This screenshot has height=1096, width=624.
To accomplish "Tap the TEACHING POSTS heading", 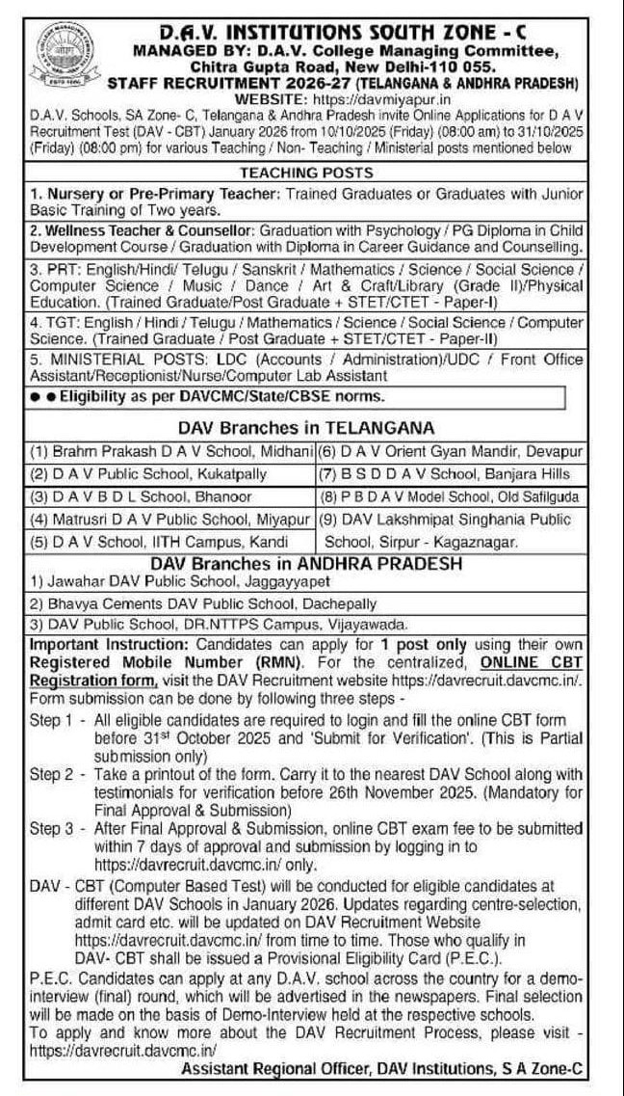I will click(x=305, y=174).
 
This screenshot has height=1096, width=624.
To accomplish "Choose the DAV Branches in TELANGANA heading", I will click(x=305, y=427).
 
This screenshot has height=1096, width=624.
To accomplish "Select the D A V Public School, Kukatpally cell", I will click(x=148, y=473).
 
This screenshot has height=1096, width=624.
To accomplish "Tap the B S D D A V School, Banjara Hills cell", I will click(x=447, y=473).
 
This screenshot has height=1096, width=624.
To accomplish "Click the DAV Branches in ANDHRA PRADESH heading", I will click(x=305, y=562).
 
